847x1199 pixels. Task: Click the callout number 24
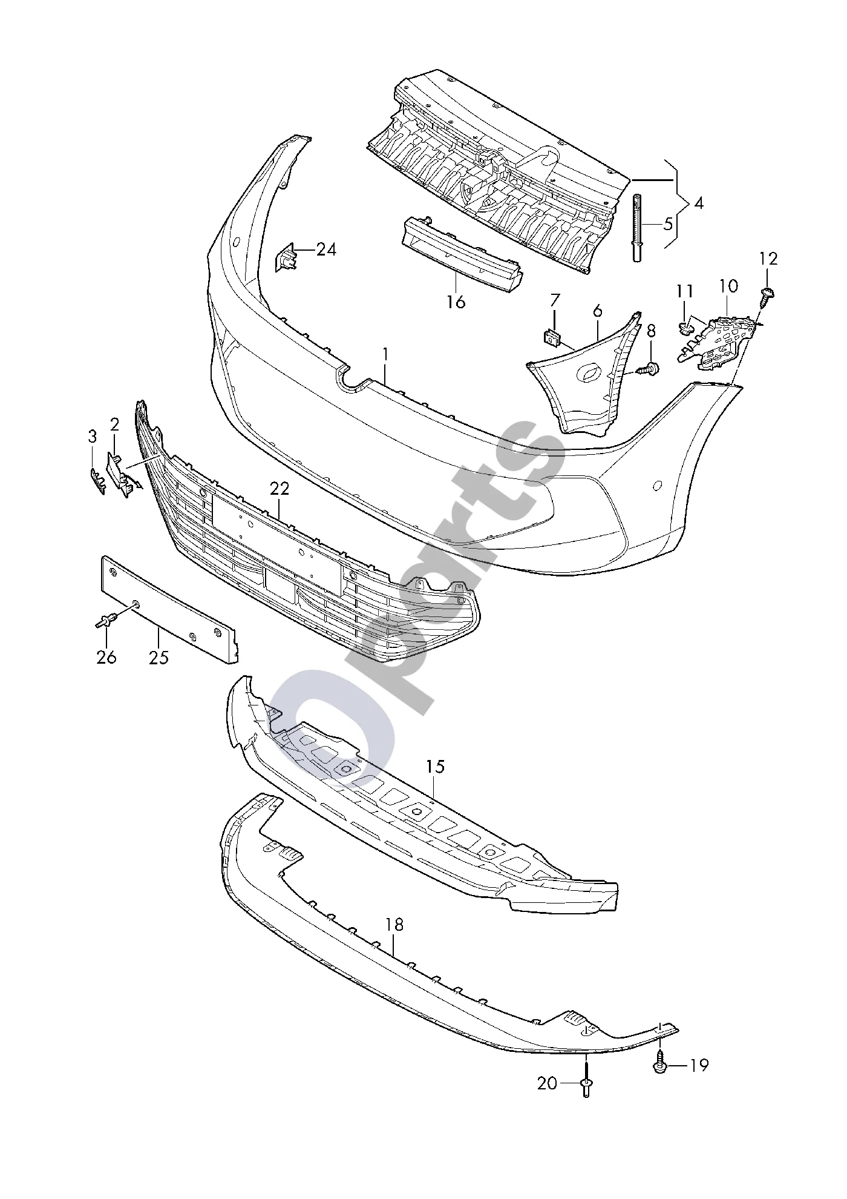point(326,249)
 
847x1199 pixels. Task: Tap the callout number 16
point(456,301)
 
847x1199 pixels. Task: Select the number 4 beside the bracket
point(699,203)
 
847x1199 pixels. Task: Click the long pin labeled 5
point(637,228)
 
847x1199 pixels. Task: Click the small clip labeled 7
point(551,338)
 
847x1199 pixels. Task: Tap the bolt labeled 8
point(652,366)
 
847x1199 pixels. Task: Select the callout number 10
point(728,286)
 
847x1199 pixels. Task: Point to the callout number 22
point(280,489)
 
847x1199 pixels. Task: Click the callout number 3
point(93,437)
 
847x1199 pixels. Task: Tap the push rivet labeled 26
point(106,621)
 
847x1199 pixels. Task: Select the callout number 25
point(159,657)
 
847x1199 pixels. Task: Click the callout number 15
point(435,767)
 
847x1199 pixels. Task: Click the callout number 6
point(598,311)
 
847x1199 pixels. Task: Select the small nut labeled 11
point(686,329)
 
